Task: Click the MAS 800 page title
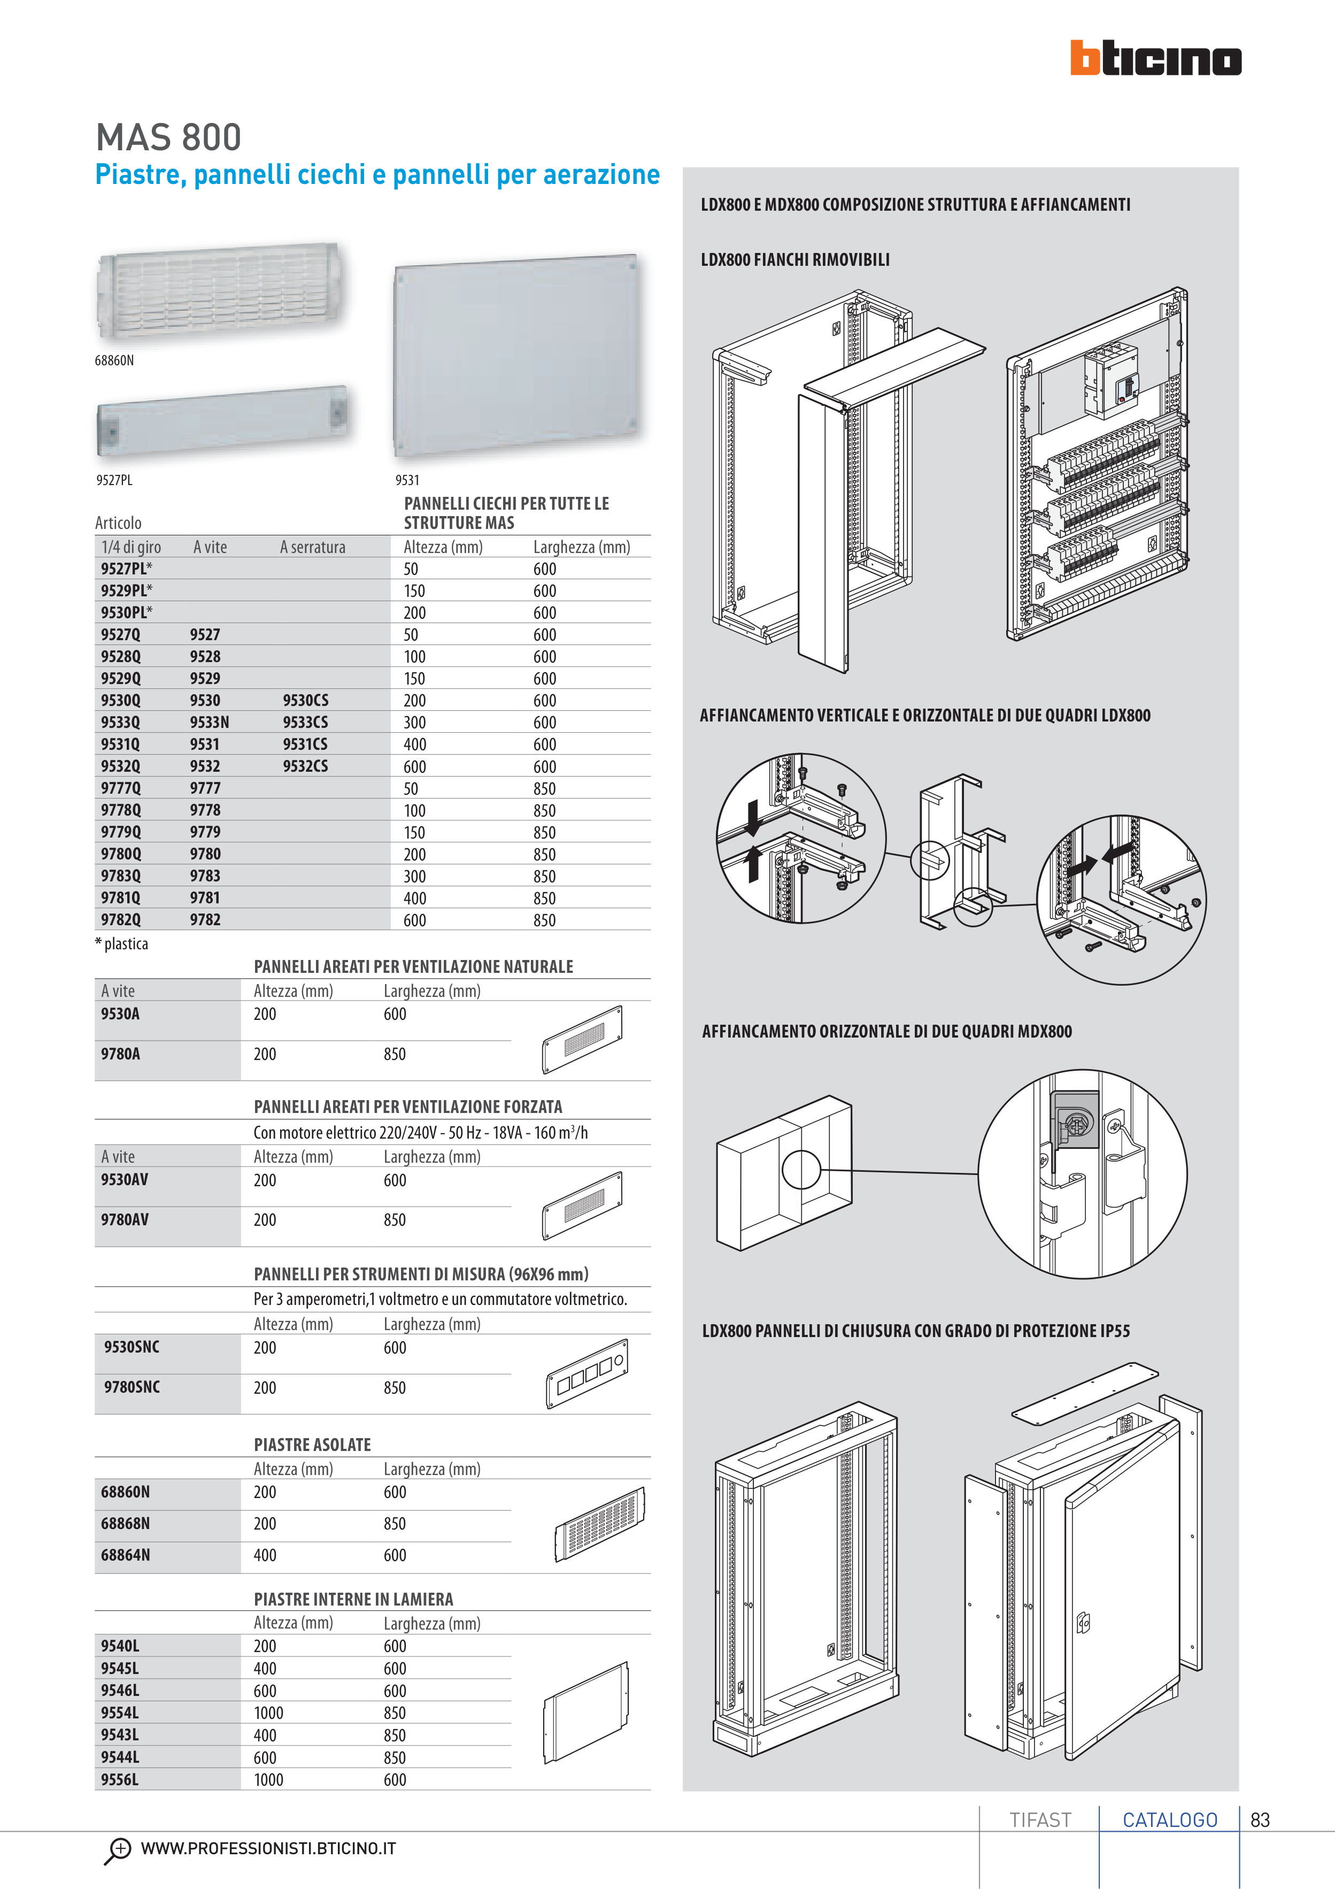168,137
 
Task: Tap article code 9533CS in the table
305,723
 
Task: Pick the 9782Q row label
121,920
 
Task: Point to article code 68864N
126,1555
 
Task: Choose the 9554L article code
120,1713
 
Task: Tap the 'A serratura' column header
313,547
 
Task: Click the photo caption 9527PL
114,480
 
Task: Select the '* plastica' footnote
122,943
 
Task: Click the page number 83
1259,1820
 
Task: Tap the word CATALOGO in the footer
1170,1820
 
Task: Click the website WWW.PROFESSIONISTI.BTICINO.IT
268,1849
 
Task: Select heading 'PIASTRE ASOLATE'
313,1445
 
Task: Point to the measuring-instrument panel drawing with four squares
587,1373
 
